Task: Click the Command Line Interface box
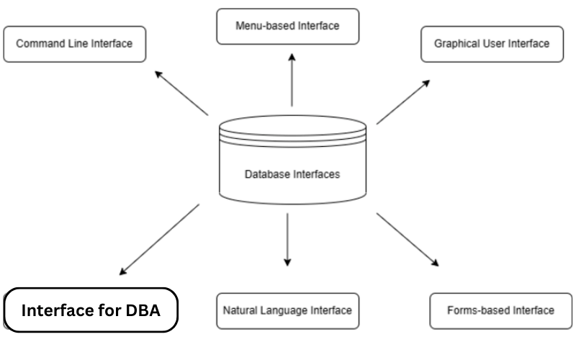(74, 44)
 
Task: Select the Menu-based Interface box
(287, 27)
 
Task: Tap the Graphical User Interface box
(492, 44)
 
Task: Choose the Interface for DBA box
(91, 310)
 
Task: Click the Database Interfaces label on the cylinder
(292, 174)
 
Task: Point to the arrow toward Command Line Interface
(181, 93)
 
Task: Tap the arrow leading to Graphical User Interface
(403, 102)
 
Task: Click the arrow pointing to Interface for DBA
(159, 239)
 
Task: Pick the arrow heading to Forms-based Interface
(407, 240)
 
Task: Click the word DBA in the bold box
(140, 311)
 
